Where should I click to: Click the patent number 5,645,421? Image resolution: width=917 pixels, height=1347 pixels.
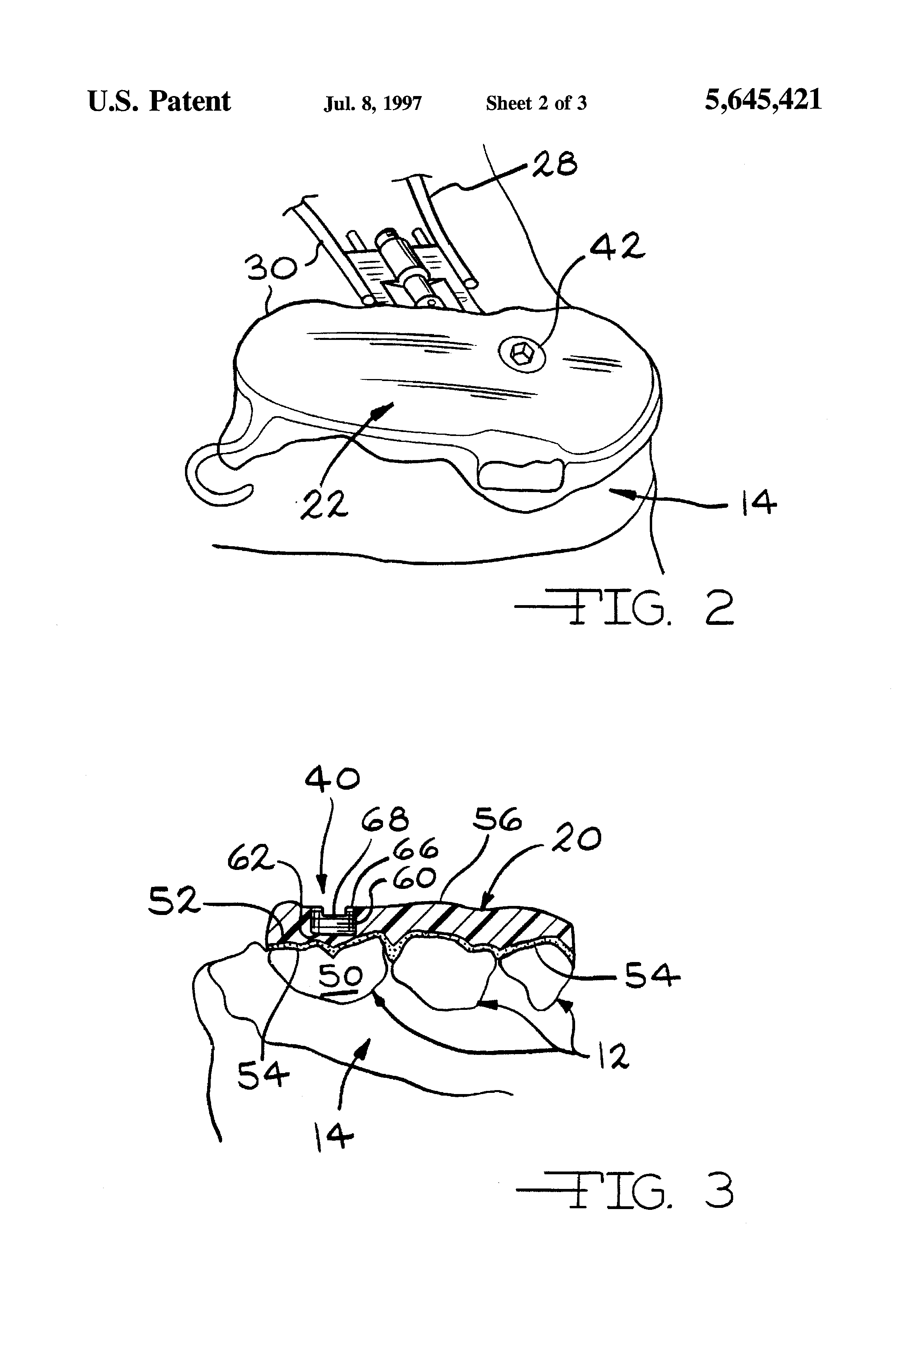click(763, 100)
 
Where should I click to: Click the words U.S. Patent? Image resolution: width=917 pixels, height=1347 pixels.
click(159, 102)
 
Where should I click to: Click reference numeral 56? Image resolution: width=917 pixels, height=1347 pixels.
click(497, 820)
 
